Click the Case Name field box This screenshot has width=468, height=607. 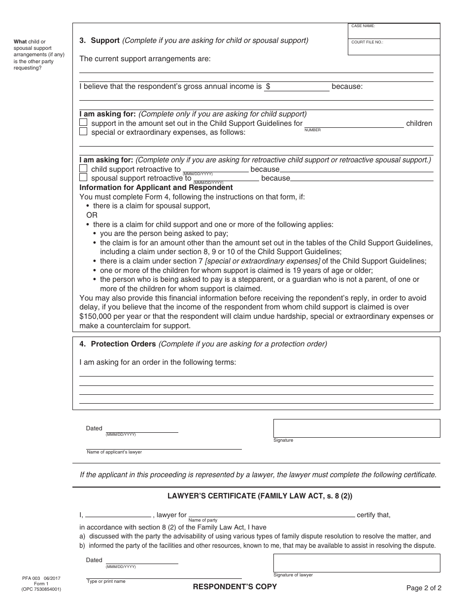[x=394, y=32]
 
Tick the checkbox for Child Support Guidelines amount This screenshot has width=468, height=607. [x=84, y=122]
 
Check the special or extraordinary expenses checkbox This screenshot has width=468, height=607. [x=84, y=132]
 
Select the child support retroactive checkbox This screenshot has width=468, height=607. [x=84, y=169]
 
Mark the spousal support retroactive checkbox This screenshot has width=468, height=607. [x=84, y=178]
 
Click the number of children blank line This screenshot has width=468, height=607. [x=354, y=123]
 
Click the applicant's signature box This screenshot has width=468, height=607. [x=357, y=428]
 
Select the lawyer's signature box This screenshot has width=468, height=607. [x=357, y=563]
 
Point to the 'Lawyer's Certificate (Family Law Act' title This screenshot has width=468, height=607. [x=256, y=496]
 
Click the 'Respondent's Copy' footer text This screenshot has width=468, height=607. [x=234, y=587]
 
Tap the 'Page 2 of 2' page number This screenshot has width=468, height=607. [x=424, y=588]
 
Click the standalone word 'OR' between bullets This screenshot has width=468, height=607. [x=92, y=215]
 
